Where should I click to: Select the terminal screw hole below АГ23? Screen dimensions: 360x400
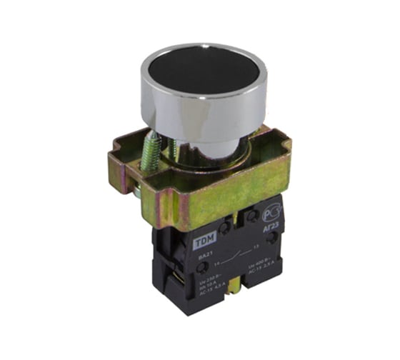272,239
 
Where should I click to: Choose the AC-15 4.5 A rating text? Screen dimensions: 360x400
218,288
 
